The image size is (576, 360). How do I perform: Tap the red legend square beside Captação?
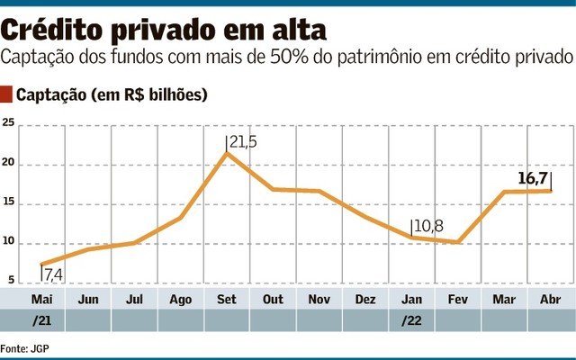8,94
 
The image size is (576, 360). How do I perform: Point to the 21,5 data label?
242,142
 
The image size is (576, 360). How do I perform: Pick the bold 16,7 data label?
534,176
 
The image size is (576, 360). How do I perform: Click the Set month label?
228,299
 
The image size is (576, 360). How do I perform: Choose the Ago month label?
180,299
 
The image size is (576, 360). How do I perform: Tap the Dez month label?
365,299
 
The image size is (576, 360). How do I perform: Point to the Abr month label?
551,299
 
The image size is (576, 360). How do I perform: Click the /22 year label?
411,319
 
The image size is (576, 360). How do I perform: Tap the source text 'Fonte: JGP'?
25,347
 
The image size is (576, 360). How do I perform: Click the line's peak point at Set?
227,154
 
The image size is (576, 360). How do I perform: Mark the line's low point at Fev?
459,242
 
